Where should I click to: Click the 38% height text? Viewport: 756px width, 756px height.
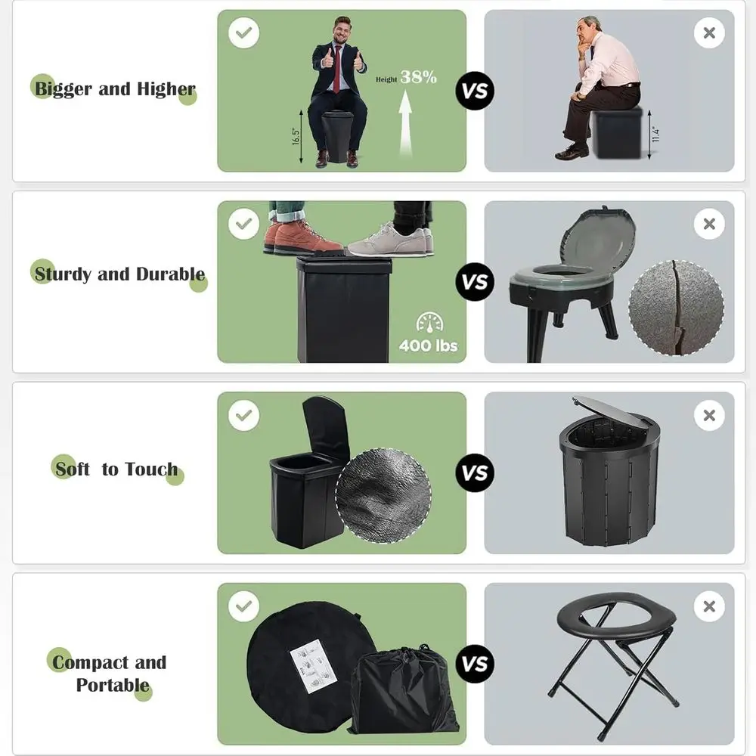[x=418, y=76]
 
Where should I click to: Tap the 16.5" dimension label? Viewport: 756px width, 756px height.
[x=296, y=137]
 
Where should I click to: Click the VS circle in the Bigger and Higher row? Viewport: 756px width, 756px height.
[x=475, y=91]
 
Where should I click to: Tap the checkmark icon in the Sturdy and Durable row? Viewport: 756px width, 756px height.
[x=243, y=225]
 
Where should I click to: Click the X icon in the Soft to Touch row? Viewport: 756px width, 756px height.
[x=708, y=415]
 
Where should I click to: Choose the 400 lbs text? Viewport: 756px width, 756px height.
[x=429, y=346]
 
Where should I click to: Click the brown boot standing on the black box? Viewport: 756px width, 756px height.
[x=299, y=237]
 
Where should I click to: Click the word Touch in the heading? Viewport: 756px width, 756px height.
[x=151, y=469]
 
